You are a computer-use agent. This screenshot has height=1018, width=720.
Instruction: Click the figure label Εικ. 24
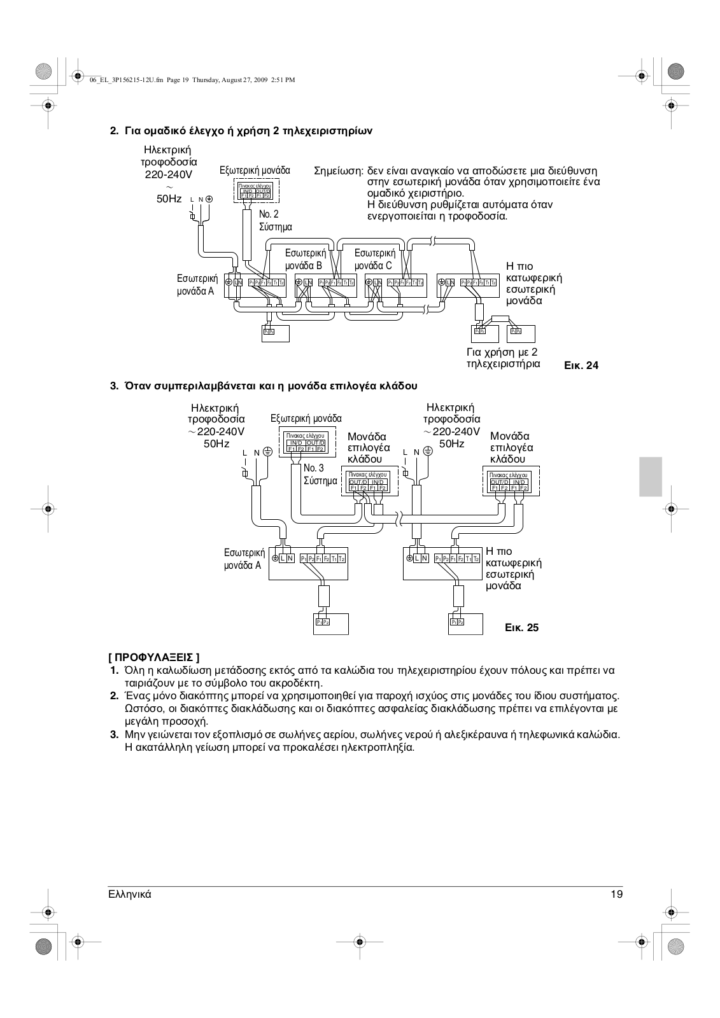click(581, 365)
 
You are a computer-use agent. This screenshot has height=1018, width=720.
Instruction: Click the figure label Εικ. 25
click(521, 627)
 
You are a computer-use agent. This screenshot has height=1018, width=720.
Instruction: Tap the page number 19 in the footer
click(616, 894)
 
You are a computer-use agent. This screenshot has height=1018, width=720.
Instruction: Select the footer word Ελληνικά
click(130, 894)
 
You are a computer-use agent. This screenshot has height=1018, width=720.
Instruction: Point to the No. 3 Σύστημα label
click(320, 475)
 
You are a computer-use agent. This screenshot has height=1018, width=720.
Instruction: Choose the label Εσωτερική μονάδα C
click(374, 260)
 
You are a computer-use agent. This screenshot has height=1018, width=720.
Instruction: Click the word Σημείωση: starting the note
click(339, 171)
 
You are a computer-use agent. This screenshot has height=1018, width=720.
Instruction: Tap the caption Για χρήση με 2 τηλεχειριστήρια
click(503, 358)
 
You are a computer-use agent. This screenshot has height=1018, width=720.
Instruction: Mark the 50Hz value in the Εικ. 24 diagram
click(169, 199)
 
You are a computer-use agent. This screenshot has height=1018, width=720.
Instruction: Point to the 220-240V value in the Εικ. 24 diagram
click(169, 174)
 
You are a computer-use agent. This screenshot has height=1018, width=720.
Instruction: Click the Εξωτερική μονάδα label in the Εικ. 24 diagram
click(255, 171)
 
